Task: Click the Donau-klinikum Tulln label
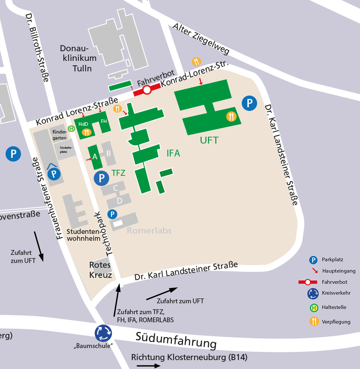coord(78,58)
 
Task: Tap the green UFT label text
coord(209,140)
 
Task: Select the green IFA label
coord(173,153)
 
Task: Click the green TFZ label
coord(118,173)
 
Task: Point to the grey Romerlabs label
coord(149,231)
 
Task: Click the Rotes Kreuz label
coord(100,270)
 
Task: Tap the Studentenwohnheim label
coord(84,235)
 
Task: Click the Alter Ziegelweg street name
coord(201,39)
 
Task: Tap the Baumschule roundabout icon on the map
coord(103,333)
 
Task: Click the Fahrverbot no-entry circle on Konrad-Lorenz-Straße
coord(147,90)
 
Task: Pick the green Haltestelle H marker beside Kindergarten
coord(71,129)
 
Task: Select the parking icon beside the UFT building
coord(249,104)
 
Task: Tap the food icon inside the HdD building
coord(86,132)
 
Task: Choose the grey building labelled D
coord(119,200)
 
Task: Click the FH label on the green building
coord(104,121)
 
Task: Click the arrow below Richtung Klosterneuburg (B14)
coord(148,366)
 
